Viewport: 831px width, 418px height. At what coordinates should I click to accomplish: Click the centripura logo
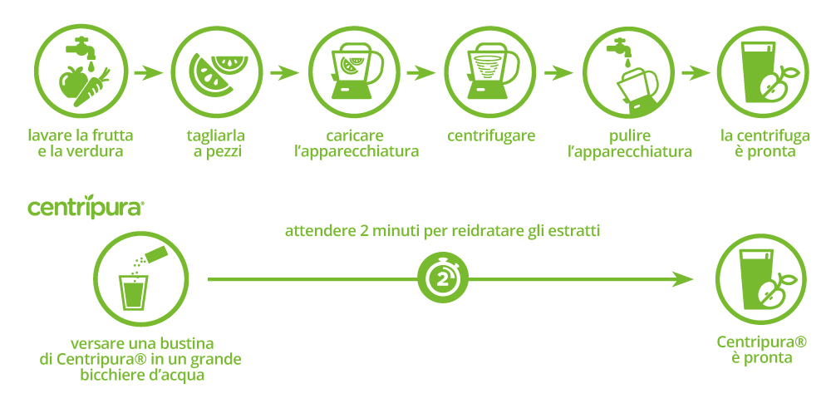coord(86,208)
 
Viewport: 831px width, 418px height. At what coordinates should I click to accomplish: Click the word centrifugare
coord(490,135)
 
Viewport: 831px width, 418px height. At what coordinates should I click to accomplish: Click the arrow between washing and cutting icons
coord(147,73)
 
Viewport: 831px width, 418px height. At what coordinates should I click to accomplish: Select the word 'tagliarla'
coord(216,135)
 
